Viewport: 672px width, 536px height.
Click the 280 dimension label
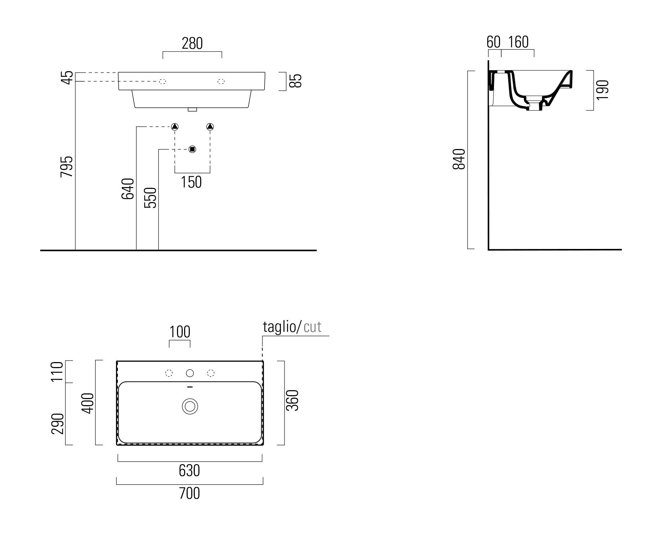pyautogui.click(x=192, y=43)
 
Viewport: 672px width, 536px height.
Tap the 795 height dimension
pyautogui.click(x=67, y=166)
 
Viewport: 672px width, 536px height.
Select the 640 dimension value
pyautogui.click(x=128, y=189)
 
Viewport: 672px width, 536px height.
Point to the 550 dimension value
pyautogui.click(x=150, y=198)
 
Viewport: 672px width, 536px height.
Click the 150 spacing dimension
pyautogui.click(x=191, y=182)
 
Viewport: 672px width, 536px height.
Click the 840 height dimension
pyautogui.click(x=459, y=159)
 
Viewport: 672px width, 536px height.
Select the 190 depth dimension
pyautogui.click(x=603, y=90)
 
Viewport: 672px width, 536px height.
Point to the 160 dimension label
pyautogui.click(x=518, y=42)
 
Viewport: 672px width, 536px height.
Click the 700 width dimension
pyautogui.click(x=189, y=493)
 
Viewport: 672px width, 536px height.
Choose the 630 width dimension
pyautogui.click(x=189, y=471)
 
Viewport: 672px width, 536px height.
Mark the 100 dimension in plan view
pyautogui.click(x=180, y=332)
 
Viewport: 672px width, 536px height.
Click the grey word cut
pyautogui.click(x=313, y=327)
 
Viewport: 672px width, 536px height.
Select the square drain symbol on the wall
pyautogui.click(x=192, y=149)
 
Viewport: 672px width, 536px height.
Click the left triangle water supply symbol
pyautogui.click(x=174, y=126)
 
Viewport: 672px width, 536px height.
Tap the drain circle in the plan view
pyautogui.click(x=190, y=406)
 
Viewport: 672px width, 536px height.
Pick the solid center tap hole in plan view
pyautogui.click(x=190, y=373)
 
